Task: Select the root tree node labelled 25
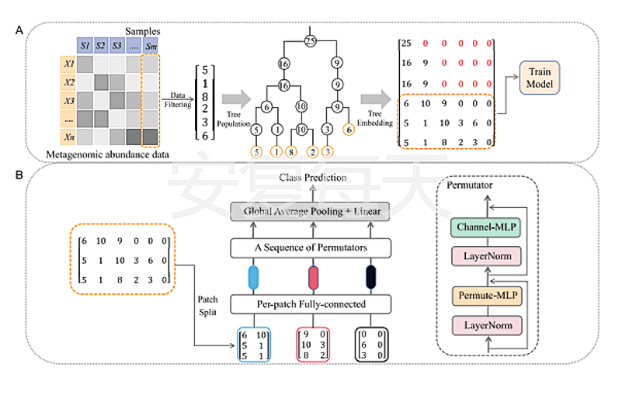click(x=309, y=40)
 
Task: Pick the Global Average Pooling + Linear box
click(x=309, y=211)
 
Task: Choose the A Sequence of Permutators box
click(x=309, y=248)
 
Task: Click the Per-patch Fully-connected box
click(x=309, y=304)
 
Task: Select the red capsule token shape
click(x=313, y=277)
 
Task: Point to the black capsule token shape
click(x=371, y=277)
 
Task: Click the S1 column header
click(x=84, y=45)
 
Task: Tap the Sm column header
click(x=150, y=45)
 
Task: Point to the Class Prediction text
click(x=309, y=179)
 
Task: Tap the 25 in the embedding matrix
click(x=406, y=43)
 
